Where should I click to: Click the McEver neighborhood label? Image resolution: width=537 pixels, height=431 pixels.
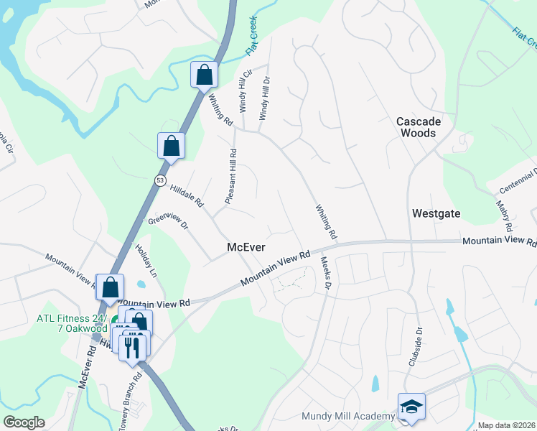[x=246, y=247]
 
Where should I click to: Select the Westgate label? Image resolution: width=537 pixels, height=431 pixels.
[x=436, y=213]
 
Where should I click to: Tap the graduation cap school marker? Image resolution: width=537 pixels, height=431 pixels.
[x=412, y=406]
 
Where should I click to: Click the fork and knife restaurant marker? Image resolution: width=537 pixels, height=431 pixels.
[x=132, y=347]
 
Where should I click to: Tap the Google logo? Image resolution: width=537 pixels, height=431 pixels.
[x=24, y=422]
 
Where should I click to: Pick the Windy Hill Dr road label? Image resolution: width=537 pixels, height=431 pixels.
[x=264, y=100]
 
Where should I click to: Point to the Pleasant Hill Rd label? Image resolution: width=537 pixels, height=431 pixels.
[x=231, y=177]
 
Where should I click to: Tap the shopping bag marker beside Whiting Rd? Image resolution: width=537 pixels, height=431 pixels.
[x=204, y=74]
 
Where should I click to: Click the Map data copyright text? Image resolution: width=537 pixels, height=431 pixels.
[x=507, y=425]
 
